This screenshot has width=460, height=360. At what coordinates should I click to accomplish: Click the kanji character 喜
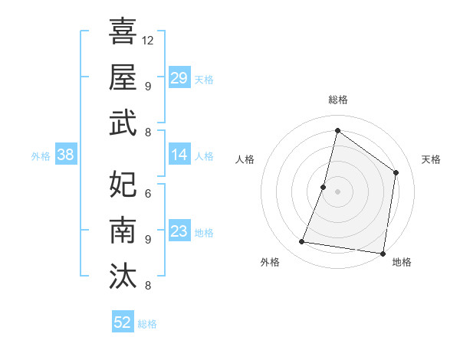coord(123,31)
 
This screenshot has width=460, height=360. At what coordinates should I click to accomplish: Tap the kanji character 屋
coord(123,77)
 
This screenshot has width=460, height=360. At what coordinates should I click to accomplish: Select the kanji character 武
coord(123,123)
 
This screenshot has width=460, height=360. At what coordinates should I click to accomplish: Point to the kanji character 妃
coord(123,184)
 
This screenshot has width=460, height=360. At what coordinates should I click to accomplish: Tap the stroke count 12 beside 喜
coord(148,40)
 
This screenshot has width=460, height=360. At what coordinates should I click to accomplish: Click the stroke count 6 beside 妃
coord(147,193)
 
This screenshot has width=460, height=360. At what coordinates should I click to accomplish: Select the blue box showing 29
coord(179,77)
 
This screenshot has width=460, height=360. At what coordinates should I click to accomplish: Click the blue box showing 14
coord(179,155)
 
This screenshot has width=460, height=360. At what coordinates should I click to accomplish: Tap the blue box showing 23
coord(179,231)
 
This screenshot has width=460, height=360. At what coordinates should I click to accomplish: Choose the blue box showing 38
coord(65,155)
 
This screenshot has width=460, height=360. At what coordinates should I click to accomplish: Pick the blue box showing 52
coord(123,322)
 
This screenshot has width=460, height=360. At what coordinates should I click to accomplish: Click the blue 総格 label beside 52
coord(147,324)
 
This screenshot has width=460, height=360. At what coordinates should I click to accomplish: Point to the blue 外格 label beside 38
coord(41,156)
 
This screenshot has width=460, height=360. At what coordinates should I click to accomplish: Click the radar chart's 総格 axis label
coord(337,100)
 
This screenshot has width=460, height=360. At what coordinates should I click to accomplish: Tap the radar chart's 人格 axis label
coord(245,159)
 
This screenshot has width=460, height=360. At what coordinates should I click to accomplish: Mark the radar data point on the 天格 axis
coord(396,172)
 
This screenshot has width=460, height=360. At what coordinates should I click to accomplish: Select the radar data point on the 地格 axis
coord(382,253)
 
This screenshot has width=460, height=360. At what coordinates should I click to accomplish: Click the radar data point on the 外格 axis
coord(302,242)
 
